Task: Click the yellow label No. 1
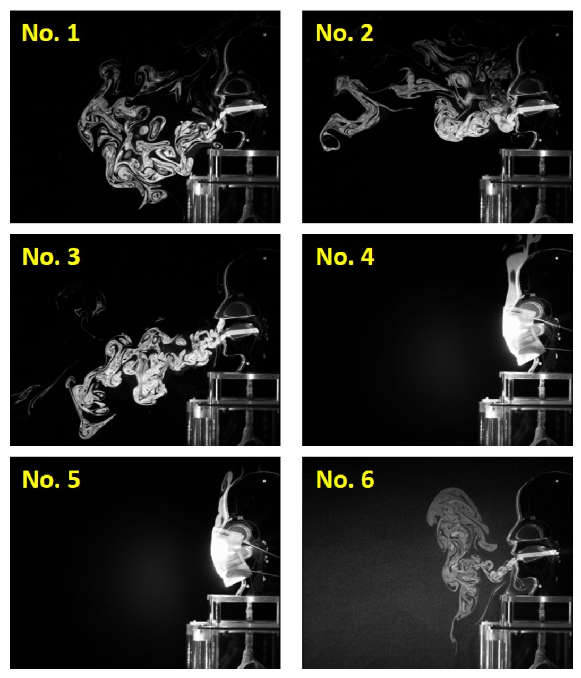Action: coord(50,33)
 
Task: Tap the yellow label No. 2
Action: coord(344,33)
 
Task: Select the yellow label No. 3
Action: coord(51,256)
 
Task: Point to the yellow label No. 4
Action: coord(345,256)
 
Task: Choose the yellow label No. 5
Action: coord(51,479)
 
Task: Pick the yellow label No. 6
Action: coord(345,479)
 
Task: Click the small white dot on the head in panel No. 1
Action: coord(264,35)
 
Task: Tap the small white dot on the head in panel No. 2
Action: coord(557,35)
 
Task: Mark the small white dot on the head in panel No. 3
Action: coord(264,258)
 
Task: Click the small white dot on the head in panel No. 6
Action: coord(557,481)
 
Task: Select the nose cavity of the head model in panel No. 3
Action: coord(235,308)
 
